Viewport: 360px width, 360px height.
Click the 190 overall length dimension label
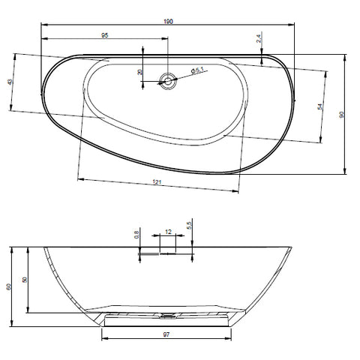click(168, 22)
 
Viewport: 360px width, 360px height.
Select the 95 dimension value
click(105, 35)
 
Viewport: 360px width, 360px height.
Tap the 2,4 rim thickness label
click(259, 39)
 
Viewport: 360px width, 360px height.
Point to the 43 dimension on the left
click(10, 82)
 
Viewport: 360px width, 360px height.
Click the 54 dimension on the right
click(319, 106)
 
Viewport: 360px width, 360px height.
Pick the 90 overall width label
click(341, 115)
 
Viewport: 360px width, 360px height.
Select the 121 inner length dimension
click(157, 182)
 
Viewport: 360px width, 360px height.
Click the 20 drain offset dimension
click(139, 72)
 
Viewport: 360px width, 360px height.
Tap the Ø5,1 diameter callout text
click(197, 70)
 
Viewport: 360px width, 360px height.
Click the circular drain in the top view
click(168, 81)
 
